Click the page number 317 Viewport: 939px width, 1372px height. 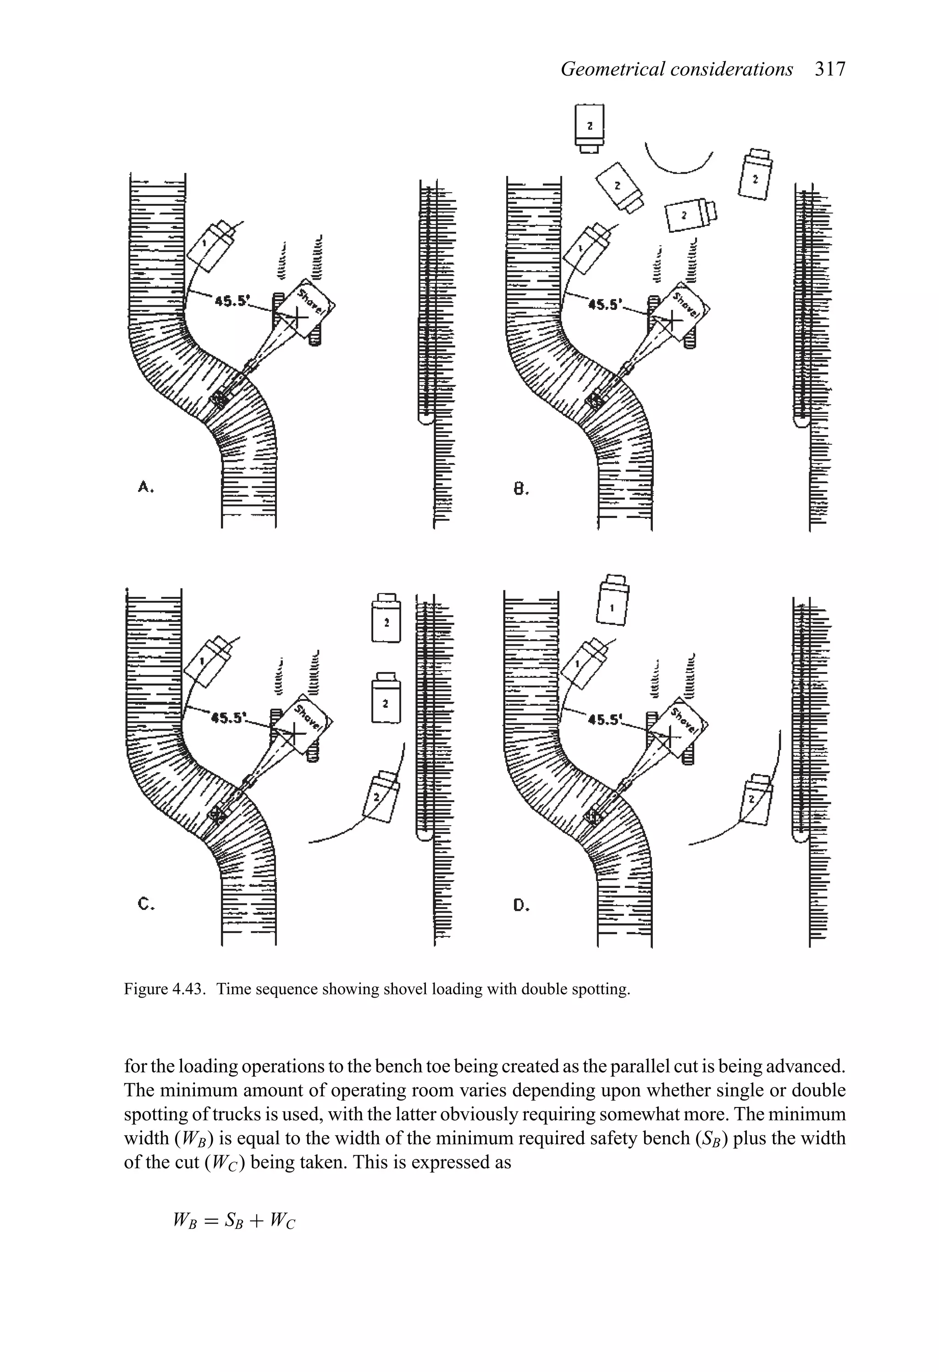pos(830,70)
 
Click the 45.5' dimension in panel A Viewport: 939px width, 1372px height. pos(232,301)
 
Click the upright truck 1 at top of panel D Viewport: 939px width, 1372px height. pos(613,601)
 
